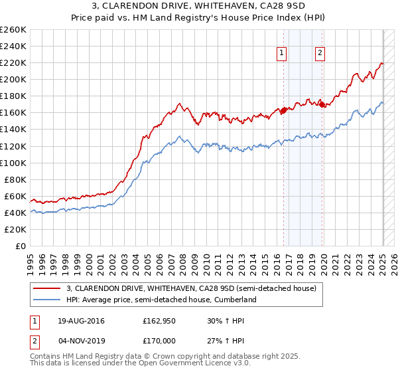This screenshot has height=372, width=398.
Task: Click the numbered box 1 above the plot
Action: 282,54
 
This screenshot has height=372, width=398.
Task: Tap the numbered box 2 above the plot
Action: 320,54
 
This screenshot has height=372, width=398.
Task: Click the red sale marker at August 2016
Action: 284,110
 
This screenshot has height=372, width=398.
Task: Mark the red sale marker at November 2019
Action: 322,104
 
